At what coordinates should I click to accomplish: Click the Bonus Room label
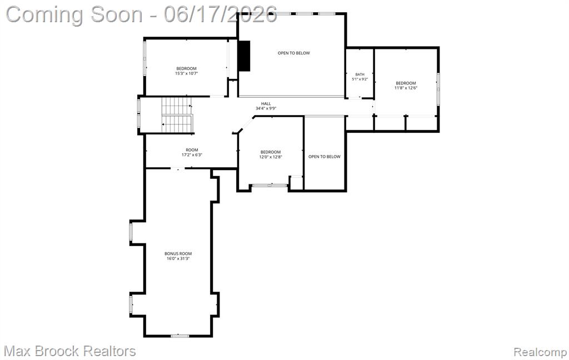[178, 254]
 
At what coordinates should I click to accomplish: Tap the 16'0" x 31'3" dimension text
[178, 259]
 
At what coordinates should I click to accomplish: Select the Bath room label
[360, 74]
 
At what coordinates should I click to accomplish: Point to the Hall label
[266, 104]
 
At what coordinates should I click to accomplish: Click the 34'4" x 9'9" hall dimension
[266, 108]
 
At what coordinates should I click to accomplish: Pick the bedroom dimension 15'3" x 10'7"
[187, 73]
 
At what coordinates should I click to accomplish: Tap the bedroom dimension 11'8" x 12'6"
[406, 88]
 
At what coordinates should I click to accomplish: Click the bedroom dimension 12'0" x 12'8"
[271, 157]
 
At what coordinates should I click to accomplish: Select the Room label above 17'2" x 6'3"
[192, 150]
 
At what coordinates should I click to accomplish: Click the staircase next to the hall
[177, 114]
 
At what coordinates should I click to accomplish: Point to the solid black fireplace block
[244, 56]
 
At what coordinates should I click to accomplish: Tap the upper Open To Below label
[294, 53]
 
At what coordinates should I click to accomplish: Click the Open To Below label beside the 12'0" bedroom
[325, 157]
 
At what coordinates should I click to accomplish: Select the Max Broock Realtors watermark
[69, 351]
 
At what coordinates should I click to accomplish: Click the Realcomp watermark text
[540, 352]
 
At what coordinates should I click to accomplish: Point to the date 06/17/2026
[220, 14]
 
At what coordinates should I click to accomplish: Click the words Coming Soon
[74, 14]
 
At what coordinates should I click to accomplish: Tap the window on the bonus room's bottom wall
[180, 336]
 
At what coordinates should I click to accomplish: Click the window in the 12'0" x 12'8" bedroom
[269, 186]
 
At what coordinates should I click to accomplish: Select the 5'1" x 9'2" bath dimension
[360, 79]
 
